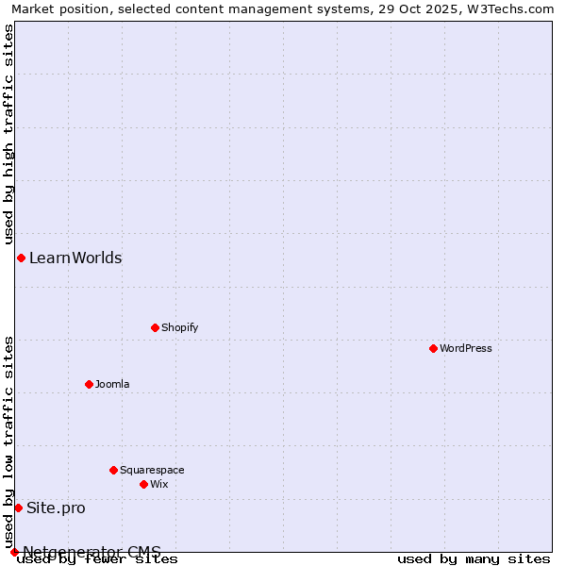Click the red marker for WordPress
(x=433, y=348)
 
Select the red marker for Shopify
(x=155, y=327)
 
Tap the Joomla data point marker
(x=89, y=384)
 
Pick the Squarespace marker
(x=113, y=470)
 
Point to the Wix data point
(x=143, y=484)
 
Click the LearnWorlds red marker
(x=21, y=258)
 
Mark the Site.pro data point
(x=18, y=508)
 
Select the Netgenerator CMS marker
(x=14, y=552)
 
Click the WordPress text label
(x=466, y=348)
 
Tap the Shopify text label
(x=179, y=327)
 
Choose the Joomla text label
(x=112, y=384)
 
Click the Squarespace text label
(x=152, y=470)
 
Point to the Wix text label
(x=158, y=484)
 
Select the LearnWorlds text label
(x=75, y=258)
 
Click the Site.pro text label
(x=56, y=508)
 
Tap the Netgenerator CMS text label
(x=92, y=551)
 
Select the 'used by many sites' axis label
(x=474, y=558)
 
